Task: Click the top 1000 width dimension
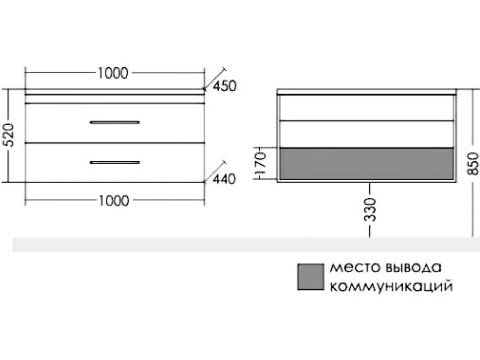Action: coord(113,73)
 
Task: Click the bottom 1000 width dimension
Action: coord(114,201)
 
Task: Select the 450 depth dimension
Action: coord(225,86)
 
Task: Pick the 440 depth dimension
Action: coord(224,179)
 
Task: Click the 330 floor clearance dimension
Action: coord(370,210)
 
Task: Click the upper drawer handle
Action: coord(115,122)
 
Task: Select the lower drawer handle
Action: coord(115,162)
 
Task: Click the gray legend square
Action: coord(310,277)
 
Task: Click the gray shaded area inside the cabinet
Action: coord(367,163)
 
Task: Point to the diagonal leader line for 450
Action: coord(215,78)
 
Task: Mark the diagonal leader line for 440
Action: coord(215,171)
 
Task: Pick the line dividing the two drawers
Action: coord(115,143)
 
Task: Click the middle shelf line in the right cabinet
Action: coord(367,121)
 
